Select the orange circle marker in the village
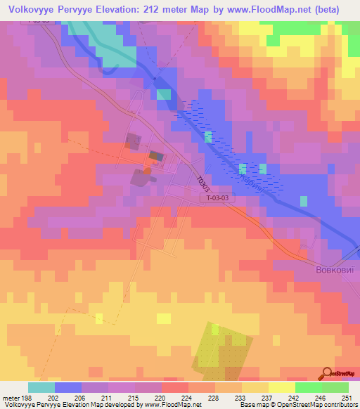pos(147,169)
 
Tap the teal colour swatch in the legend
pos(41,387)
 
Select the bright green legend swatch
pos(309,387)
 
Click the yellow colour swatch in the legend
pos(282,387)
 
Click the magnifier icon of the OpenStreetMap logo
pos(328,374)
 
